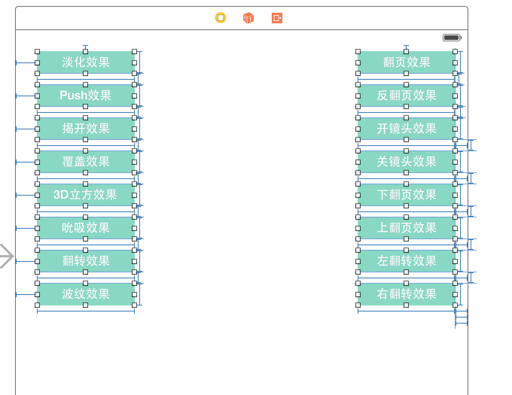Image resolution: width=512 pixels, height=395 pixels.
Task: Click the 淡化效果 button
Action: coord(86,62)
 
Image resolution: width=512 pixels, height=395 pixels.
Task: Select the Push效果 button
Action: coord(86,96)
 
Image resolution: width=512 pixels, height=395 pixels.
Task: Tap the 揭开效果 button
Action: coord(86,129)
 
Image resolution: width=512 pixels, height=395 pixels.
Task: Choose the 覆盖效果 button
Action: coord(86,162)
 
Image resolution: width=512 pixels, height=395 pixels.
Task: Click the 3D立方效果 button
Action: coord(86,195)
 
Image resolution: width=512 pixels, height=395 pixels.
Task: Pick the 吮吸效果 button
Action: coord(86,228)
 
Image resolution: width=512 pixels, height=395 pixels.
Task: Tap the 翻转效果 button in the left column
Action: coord(86,261)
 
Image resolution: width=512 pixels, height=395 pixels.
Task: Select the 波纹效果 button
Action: coord(86,294)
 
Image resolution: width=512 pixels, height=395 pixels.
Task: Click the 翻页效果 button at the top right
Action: coord(407,62)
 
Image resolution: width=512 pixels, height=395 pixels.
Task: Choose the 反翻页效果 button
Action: coord(407,96)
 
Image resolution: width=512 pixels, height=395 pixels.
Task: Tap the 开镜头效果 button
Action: coord(407,129)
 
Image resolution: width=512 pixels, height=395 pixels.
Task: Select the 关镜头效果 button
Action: coord(407,162)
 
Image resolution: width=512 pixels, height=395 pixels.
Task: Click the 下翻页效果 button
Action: coord(407,195)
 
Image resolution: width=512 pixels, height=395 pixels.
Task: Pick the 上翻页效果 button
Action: coord(407,228)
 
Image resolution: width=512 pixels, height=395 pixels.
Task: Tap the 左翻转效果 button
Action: coord(407,261)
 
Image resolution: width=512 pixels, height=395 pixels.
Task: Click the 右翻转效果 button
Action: coord(407,294)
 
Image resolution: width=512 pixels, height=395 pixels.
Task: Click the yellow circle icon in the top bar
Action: coord(221,18)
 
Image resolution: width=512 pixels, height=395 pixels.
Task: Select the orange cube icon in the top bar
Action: coord(248,18)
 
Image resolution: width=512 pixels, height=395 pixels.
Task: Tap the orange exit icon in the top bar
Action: coord(277,18)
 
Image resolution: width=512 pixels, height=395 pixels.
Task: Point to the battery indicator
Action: coord(452,38)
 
